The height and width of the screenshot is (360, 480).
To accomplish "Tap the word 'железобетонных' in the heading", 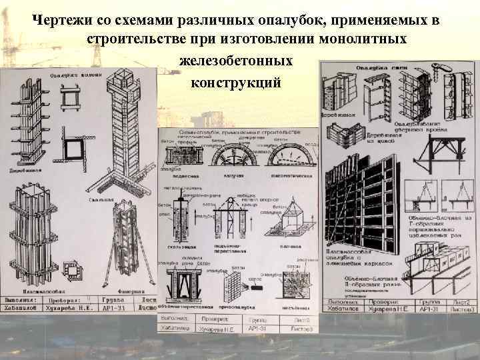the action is [x=236, y=61].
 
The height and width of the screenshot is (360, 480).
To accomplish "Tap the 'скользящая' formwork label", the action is [x=179, y=247].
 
